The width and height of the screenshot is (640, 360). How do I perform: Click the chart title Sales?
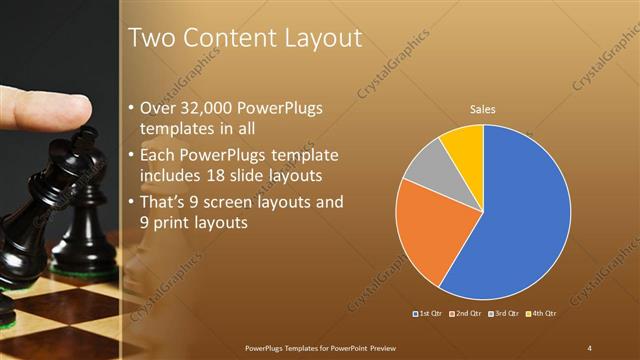[483, 109]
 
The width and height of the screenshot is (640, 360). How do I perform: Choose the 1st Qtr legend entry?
[429, 314]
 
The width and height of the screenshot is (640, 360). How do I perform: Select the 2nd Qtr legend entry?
[466, 314]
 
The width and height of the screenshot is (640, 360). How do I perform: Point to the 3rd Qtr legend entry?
[502, 314]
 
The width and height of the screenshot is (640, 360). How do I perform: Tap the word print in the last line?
[171, 224]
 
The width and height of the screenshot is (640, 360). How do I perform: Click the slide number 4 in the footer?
[590, 347]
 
